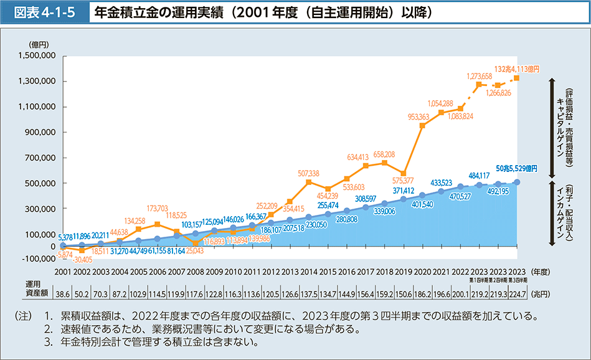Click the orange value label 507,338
tap(309, 173)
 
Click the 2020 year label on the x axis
tap(423, 272)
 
